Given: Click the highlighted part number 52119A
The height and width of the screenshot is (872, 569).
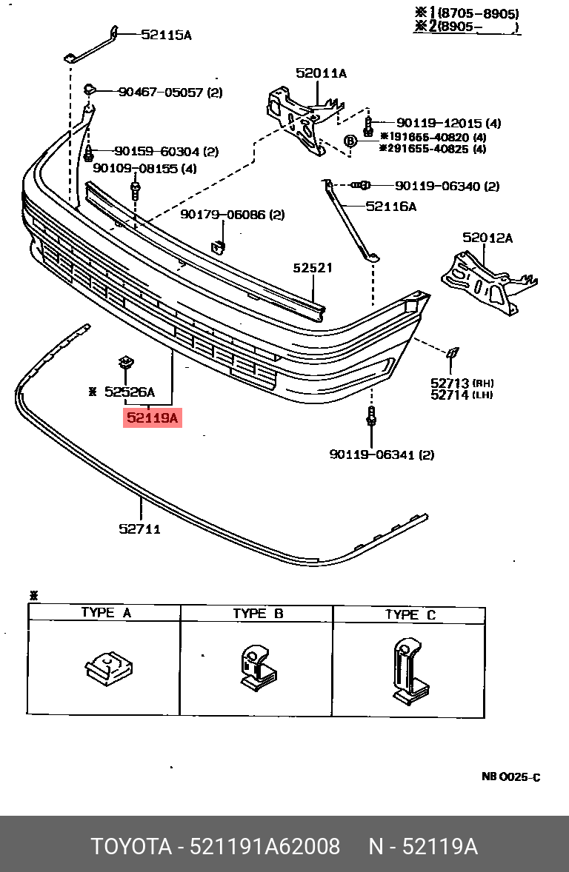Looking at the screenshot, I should pos(153,418).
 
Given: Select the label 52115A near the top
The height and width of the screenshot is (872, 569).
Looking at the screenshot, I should pos(166,34).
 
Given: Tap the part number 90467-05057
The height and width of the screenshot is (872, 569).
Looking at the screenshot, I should pos(161,93).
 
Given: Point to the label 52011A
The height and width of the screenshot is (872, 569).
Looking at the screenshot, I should pos(321,73).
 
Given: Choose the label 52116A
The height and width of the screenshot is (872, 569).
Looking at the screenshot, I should pos(390,207).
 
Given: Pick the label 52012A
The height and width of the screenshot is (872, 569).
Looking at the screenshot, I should pos(488,238).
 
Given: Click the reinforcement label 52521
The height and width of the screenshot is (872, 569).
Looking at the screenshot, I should pos(312,268).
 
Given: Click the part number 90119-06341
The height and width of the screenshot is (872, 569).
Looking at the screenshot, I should pos(371,455).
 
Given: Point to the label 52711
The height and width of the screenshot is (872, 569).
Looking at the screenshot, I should pos(139,529).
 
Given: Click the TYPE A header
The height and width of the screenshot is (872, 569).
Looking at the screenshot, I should pos(105,613).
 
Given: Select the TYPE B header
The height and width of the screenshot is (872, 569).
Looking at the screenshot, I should pos(258,614).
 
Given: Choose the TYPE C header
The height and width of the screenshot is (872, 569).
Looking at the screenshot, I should pos(410,614).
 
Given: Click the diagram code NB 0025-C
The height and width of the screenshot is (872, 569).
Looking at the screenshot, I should pos(510,777).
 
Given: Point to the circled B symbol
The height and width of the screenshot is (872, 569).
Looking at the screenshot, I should pos(351,141).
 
